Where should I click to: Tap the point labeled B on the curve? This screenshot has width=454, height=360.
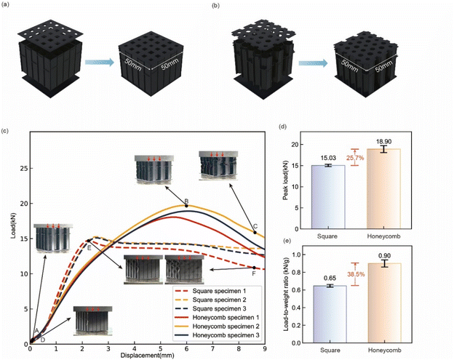pos(186,206)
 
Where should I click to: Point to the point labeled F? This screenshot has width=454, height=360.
pos(254,268)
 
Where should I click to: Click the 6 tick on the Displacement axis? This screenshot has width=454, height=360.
pos(186,350)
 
